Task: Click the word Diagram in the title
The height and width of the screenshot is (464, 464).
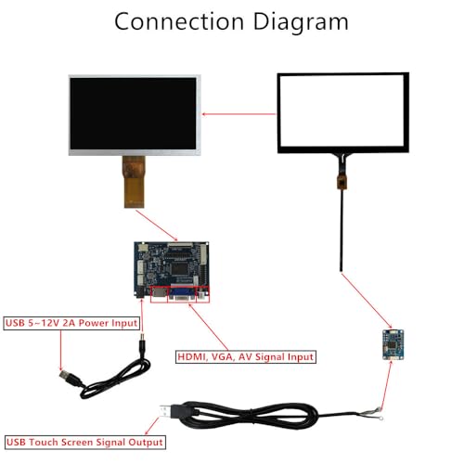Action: [x=301, y=22]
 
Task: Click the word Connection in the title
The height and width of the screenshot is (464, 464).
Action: [x=179, y=21]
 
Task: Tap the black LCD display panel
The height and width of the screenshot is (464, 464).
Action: [x=135, y=115]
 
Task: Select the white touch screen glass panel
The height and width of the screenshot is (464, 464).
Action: [x=343, y=112]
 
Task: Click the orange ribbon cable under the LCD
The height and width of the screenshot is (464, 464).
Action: [x=134, y=182]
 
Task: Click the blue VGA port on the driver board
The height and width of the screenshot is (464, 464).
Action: [x=182, y=294]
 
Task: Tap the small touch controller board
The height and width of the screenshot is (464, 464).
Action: [x=393, y=344]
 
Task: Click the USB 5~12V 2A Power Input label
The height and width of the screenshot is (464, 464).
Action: [x=71, y=323]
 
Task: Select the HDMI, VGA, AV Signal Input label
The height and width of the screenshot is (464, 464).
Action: [x=246, y=356]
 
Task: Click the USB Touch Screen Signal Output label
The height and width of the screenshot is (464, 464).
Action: [x=85, y=442]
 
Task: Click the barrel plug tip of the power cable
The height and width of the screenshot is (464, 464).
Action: [x=143, y=337]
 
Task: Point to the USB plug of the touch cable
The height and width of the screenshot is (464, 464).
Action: [x=170, y=411]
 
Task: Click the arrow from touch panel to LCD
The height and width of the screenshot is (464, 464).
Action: [x=238, y=114]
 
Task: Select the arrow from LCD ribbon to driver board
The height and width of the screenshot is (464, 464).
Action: [x=157, y=226]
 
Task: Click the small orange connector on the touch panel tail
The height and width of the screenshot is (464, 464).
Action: [x=341, y=182]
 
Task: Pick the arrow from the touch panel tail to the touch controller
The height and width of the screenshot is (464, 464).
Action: [x=367, y=301]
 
